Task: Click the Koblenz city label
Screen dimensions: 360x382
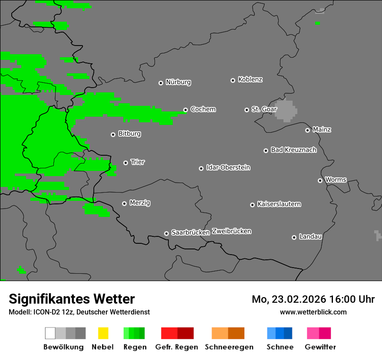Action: click(250, 79)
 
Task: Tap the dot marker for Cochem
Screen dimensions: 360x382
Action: click(185, 110)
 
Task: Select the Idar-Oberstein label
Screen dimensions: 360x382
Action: click(228, 167)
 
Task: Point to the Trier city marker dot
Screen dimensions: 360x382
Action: click(125, 163)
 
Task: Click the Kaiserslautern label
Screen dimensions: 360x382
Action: click(279, 204)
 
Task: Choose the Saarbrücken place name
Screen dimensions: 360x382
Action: click(190, 232)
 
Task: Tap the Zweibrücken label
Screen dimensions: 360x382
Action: click(231, 231)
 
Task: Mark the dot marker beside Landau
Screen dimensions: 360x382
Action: click(294, 237)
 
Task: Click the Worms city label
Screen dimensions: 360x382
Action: click(335, 180)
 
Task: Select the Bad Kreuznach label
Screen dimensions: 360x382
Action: click(293, 150)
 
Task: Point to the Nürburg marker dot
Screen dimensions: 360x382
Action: click(161, 82)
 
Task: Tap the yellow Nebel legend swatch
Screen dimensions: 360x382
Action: click(103, 333)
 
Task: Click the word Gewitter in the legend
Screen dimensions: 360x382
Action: click(320, 347)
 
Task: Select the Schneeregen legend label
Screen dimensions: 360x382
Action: click(229, 347)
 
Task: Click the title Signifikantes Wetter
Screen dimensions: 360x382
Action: click(72, 299)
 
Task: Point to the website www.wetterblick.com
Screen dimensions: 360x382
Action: click(313, 312)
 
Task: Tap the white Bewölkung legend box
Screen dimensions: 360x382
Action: click(50, 333)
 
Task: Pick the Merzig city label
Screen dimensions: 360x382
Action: click(140, 203)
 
